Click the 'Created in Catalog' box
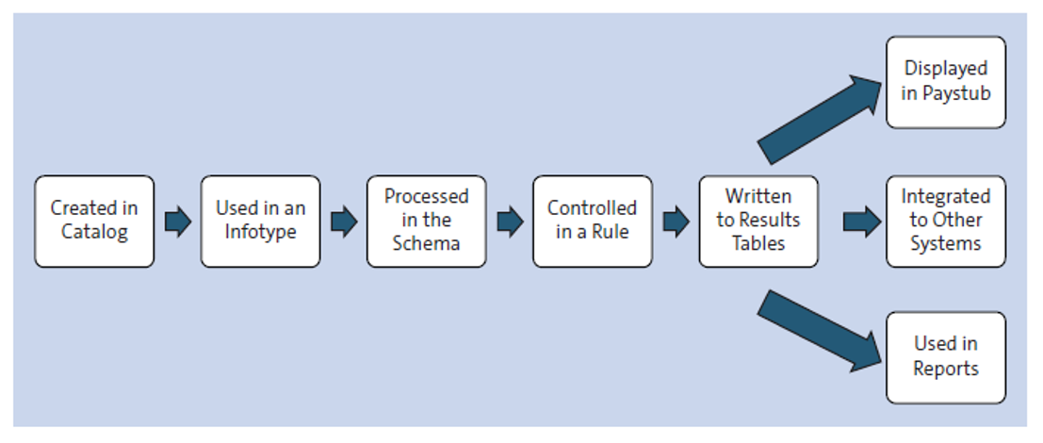pyautogui.click(x=94, y=221)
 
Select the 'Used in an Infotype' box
pyautogui.click(x=260, y=221)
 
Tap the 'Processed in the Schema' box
pyautogui.click(x=426, y=221)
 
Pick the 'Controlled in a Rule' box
pyautogui.click(x=592, y=221)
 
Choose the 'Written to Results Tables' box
pyautogui.click(x=758, y=221)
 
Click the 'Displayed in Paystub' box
pyautogui.click(x=945, y=81)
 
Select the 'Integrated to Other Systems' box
pyautogui.click(x=945, y=221)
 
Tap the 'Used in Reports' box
pyautogui.click(x=945, y=357)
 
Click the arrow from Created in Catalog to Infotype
pyautogui.click(x=177, y=221)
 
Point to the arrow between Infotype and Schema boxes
pyautogui.click(x=344, y=221)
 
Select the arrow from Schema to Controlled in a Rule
pyautogui.click(x=510, y=221)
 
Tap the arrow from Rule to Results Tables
pyautogui.click(x=676, y=221)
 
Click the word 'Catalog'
pyautogui.click(x=94, y=232)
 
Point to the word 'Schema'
pyautogui.click(x=426, y=243)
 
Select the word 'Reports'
pyautogui.click(x=945, y=369)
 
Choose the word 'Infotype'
pyautogui.click(x=260, y=232)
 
